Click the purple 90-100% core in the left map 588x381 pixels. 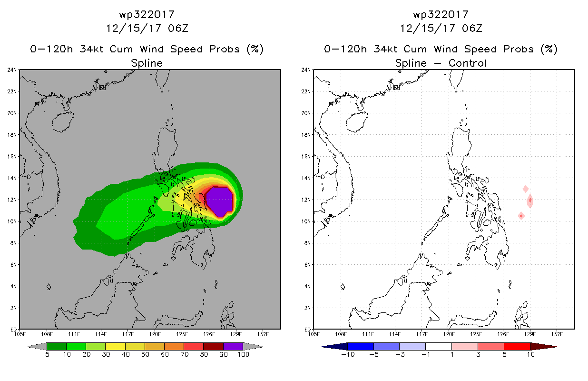click(219, 201)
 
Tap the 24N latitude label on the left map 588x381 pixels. click(12, 70)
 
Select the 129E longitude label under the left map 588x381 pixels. click(236, 334)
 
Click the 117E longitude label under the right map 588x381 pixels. click(422, 334)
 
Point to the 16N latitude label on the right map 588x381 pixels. click(306, 157)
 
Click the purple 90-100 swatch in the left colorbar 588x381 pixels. click(233, 346)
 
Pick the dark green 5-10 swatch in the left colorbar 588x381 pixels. click(57, 346)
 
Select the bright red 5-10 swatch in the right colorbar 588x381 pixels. click(517, 346)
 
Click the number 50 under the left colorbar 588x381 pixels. click(145, 354)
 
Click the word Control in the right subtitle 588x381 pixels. click(467, 63)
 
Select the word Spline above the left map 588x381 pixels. click(147, 63)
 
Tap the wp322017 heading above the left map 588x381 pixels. click(147, 15)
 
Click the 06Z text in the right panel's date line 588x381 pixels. click(472, 28)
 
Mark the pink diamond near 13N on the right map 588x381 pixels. click(525, 189)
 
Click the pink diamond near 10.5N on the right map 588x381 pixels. click(521, 216)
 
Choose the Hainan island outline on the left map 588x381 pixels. click(63, 121)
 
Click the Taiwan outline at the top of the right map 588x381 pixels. click(456, 80)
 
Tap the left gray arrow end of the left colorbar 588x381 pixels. click(37, 347)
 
